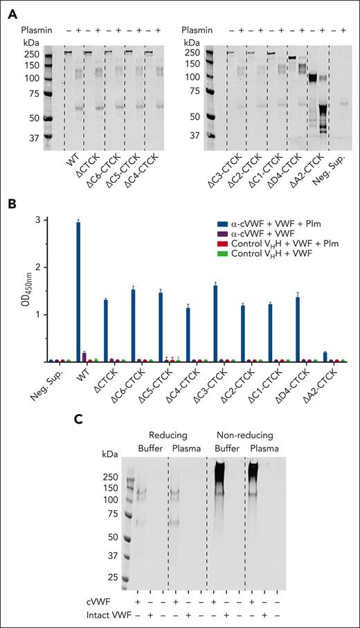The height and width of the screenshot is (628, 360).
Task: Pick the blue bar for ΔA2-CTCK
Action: [x=325, y=357]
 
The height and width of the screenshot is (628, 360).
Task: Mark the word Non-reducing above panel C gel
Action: [x=246, y=435]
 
